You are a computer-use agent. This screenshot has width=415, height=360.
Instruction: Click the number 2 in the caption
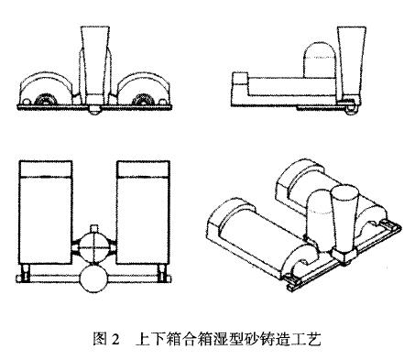(115, 340)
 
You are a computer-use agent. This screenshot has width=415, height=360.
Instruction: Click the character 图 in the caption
(100, 339)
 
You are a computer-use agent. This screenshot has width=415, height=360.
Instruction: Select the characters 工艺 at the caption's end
(307, 339)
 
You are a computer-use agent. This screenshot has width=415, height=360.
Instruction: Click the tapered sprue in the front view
(95, 64)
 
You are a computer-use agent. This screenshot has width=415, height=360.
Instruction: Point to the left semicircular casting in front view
(47, 89)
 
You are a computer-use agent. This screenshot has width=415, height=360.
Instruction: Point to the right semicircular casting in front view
(144, 89)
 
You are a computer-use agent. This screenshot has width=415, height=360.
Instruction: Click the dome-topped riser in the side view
(321, 60)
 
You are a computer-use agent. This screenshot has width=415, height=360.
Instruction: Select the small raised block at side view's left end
(239, 78)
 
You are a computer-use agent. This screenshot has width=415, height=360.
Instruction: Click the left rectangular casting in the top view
(46, 213)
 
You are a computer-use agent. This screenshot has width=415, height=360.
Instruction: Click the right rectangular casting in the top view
(143, 213)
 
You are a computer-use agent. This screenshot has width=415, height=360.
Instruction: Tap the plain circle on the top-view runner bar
(93, 278)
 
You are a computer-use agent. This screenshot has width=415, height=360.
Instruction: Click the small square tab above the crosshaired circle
(94, 229)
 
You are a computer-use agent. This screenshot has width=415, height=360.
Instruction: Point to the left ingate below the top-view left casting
(25, 270)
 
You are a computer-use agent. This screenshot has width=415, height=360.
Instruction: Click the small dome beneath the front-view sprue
(95, 111)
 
